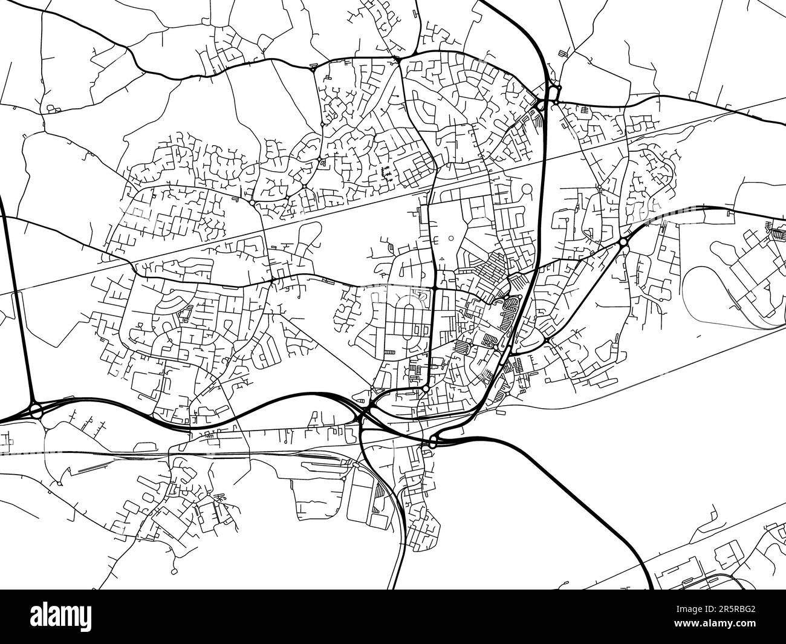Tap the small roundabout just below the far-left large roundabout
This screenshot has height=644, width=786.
coord(46,429)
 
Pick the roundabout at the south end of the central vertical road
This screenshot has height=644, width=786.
coord(426,388)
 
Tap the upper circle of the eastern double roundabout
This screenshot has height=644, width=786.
coord(623,242)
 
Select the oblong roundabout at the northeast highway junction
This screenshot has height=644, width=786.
coord(554,94)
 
